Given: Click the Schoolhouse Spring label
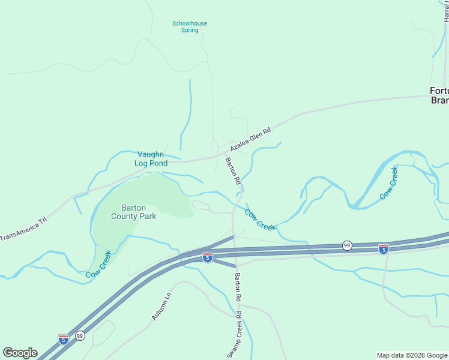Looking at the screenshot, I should pos(190,27).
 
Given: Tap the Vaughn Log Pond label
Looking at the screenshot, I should pos(150,158).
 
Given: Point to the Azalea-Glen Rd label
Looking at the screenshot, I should pos(251,139).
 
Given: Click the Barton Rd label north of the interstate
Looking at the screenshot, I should pos(233,170).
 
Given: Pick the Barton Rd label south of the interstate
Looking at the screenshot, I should pos(238,287).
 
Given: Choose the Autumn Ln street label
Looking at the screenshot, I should pos(161,306).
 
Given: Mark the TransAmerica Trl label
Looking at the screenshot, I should pos(23,229).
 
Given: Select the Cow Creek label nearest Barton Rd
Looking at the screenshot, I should pos(259,219).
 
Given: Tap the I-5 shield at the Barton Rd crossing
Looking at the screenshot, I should pos(207,257).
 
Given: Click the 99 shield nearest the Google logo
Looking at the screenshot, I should pos(80,335).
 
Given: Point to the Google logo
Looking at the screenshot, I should pos(20,353).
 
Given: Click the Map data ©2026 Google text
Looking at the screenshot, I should pos(411,355).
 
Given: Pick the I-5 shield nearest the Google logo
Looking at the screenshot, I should pos(63,339).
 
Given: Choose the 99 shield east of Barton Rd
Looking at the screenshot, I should pos(347,245).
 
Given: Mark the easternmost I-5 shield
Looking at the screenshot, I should pos(383,248).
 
